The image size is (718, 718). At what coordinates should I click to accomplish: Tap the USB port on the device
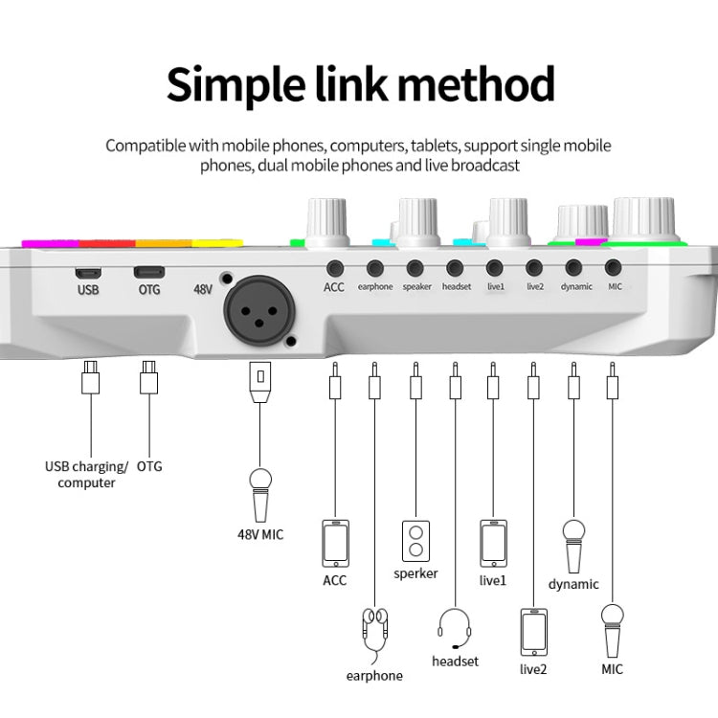point(87,271)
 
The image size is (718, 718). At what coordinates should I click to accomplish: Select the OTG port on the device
point(148,271)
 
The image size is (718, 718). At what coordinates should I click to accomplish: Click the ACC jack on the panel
point(334,269)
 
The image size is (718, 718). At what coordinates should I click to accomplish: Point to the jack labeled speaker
point(415,269)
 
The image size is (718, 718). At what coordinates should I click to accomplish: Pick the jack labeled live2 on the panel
point(534,269)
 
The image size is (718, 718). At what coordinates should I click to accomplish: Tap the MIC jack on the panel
point(613,269)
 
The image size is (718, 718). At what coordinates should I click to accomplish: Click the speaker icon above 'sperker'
point(415,541)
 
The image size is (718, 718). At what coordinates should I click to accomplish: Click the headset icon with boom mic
point(455,627)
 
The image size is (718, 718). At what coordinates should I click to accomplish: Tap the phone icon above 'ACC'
point(335,544)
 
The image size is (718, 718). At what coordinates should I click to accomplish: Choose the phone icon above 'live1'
point(493,544)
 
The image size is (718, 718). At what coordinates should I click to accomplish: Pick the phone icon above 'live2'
point(533,632)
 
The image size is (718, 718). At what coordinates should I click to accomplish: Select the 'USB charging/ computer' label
point(86,475)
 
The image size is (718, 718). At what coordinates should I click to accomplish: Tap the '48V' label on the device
point(203,288)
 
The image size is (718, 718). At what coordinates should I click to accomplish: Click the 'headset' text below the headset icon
point(455,662)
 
